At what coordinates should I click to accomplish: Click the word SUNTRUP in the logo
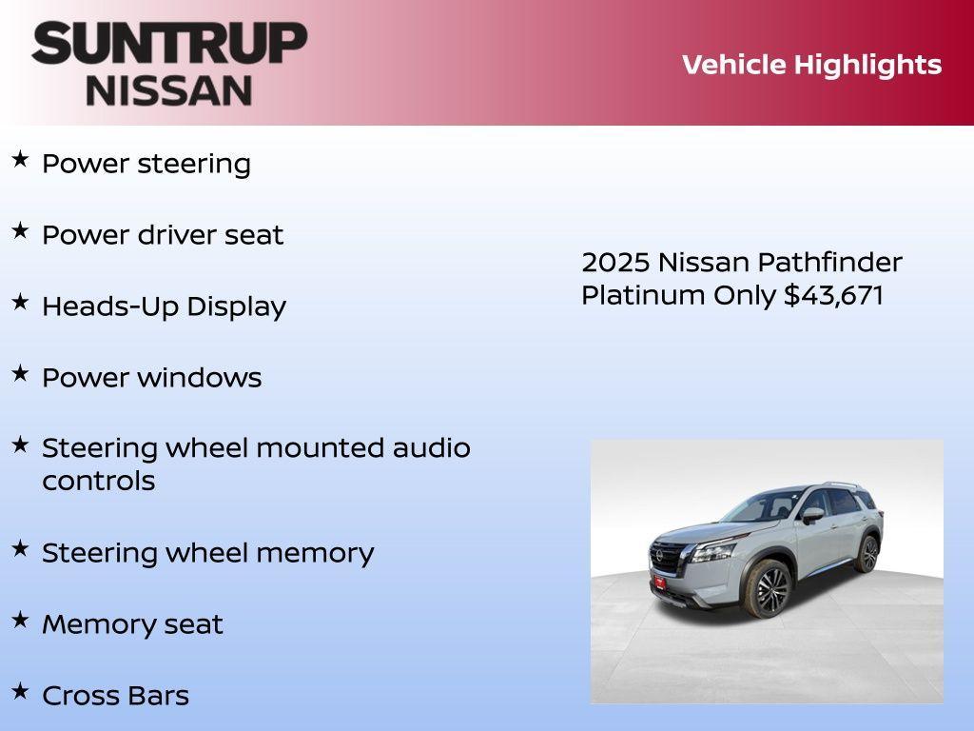pyautogui.click(x=169, y=43)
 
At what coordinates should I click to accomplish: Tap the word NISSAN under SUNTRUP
pyautogui.click(x=169, y=90)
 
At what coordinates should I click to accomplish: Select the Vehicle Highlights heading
pyautogui.click(x=811, y=65)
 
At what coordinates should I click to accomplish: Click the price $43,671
pyautogui.click(x=833, y=295)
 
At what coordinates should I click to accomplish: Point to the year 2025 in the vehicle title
pyautogui.click(x=615, y=263)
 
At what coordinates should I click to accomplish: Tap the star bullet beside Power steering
pyautogui.click(x=20, y=159)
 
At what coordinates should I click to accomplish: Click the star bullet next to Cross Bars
pyautogui.click(x=20, y=691)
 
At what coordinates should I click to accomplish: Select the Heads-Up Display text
pyautogui.click(x=164, y=306)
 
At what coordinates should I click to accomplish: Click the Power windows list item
pyautogui.click(x=151, y=378)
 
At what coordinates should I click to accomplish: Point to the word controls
pyautogui.click(x=98, y=481)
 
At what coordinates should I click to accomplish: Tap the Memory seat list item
pyautogui.click(x=132, y=624)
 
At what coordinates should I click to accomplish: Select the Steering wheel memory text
pyautogui.click(x=207, y=553)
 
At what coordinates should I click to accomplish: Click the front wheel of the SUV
pyautogui.click(x=770, y=589)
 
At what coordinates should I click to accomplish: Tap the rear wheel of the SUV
pyautogui.click(x=867, y=554)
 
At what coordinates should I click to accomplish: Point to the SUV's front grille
pyautogui.click(x=671, y=557)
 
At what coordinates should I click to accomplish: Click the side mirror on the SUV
pyautogui.click(x=811, y=515)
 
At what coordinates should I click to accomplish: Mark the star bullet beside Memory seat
pyautogui.click(x=20, y=620)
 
